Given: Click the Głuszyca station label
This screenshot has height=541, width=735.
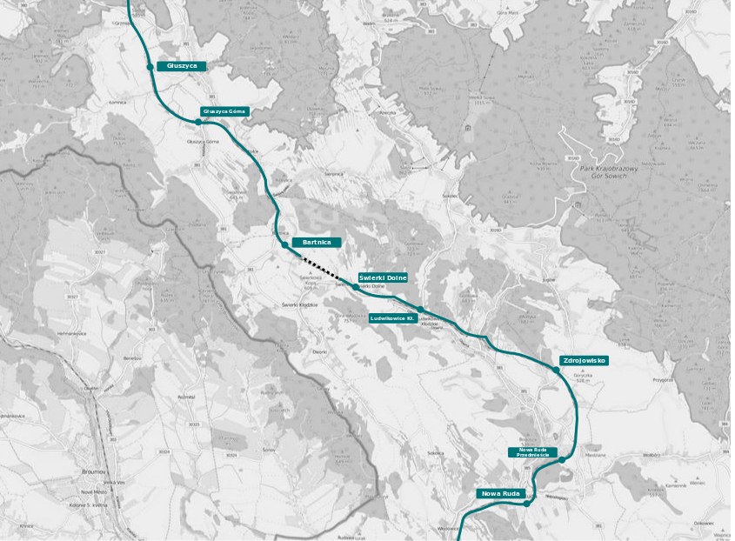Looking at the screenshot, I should (x=182, y=65).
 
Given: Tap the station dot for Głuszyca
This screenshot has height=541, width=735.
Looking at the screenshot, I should (x=150, y=66).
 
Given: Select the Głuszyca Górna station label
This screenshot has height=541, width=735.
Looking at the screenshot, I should (x=224, y=111).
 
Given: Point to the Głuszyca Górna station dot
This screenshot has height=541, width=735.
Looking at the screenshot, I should (x=198, y=122).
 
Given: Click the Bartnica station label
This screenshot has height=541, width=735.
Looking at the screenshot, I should (x=311, y=241).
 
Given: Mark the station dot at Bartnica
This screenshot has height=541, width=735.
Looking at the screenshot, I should (x=285, y=245).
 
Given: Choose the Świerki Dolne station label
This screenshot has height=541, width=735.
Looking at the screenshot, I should (x=382, y=277).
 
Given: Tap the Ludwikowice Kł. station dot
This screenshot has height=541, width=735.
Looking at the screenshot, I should (x=420, y=310).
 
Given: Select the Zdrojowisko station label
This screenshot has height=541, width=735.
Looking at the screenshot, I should (x=584, y=359).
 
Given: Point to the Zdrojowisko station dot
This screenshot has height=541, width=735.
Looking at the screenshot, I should (x=557, y=370).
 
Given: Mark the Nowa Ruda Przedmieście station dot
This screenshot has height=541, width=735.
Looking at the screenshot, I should (x=563, y=459).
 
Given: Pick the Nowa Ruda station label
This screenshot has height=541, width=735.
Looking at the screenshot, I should (x=500, y=494).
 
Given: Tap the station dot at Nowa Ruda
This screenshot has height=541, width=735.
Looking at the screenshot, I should (x=526, y=503).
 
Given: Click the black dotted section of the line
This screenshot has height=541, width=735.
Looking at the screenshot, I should (x=321, y=266).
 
